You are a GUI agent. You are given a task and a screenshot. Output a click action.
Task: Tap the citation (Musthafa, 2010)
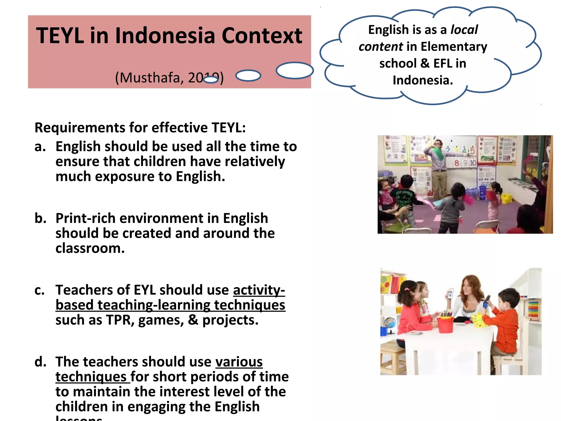(169, 78)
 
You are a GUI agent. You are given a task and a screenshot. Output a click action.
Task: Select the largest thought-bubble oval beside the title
(294, 70)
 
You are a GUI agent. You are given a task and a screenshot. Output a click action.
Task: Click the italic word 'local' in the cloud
(464, 30)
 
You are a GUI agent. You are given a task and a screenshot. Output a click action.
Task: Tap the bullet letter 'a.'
(40, 147)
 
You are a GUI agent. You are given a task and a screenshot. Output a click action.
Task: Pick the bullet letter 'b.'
(40, 218)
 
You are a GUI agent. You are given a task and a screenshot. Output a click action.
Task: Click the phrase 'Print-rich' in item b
(85, 218)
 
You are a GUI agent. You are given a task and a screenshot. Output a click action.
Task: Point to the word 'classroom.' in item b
(90, 248)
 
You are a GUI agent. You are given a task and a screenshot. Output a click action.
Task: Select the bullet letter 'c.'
(39, 290)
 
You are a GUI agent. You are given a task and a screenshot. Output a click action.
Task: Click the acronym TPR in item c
(120, 320)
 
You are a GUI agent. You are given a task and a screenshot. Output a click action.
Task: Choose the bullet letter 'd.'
(40, 362)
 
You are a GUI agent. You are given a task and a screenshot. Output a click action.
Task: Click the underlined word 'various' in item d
(239, 362)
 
